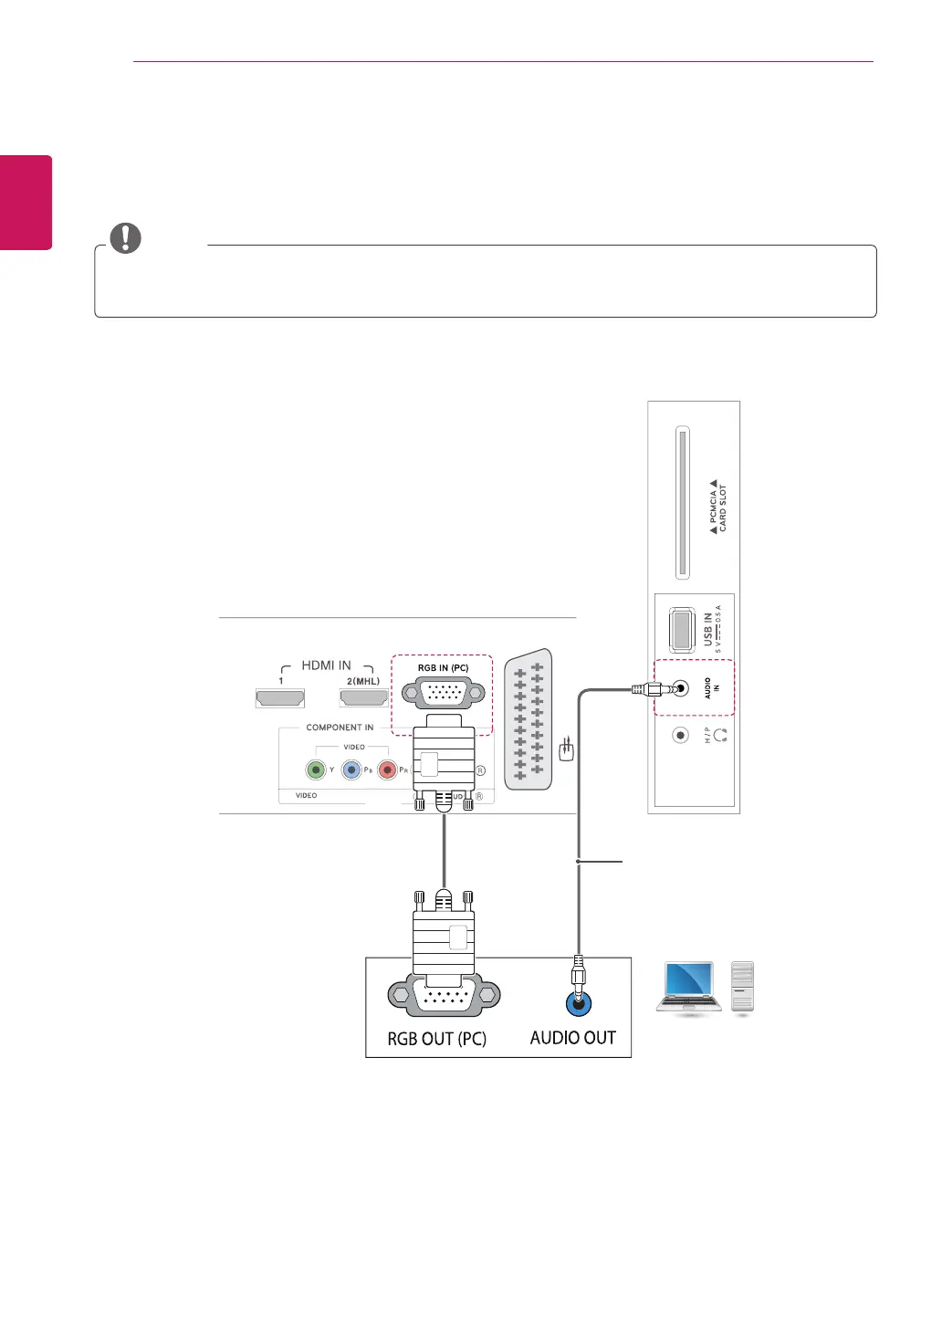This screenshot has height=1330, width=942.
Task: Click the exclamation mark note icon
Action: pyautogui.click(x=126, y=238)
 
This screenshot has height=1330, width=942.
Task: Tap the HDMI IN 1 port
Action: pyautogui.click(x=279, y=698)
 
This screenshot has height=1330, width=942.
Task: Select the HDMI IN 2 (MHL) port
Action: pyautogui.click(x=363, y=698)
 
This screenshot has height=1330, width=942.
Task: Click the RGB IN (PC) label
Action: pyautogui.click(x=443, y=668)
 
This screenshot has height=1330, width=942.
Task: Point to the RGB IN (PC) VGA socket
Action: pyautogui.click(x=444, y=694)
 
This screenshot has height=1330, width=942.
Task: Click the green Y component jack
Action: pyautogui.click(x=316, y=770)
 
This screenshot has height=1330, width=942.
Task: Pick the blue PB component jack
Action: pyautogui.click(x=351, y=770)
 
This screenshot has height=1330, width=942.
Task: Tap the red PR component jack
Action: pyautogui.click(x=387, y=770)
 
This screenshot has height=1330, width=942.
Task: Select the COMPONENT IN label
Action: pyautogui.click(x=340, y=728)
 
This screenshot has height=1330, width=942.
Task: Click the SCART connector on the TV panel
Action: pyautogui.click(x=529, y=719)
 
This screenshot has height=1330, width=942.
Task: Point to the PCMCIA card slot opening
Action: pyautogui.click(x=682, y=502)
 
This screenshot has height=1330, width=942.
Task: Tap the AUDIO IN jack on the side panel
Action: pyautogui.click(x=680, y=688)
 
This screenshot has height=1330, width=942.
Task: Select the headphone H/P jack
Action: pyautogui.click(x=680, y=735)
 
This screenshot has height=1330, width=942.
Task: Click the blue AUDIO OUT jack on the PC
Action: pyautogui.click(x=578, y=1004)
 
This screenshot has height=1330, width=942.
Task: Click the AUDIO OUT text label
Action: pyautogui.click(x=572, y=1038)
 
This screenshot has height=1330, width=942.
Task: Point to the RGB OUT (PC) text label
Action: pyautogui.click(x=436, y=1039)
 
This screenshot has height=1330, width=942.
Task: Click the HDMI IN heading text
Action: pyautogui.click(x=326, y=665)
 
